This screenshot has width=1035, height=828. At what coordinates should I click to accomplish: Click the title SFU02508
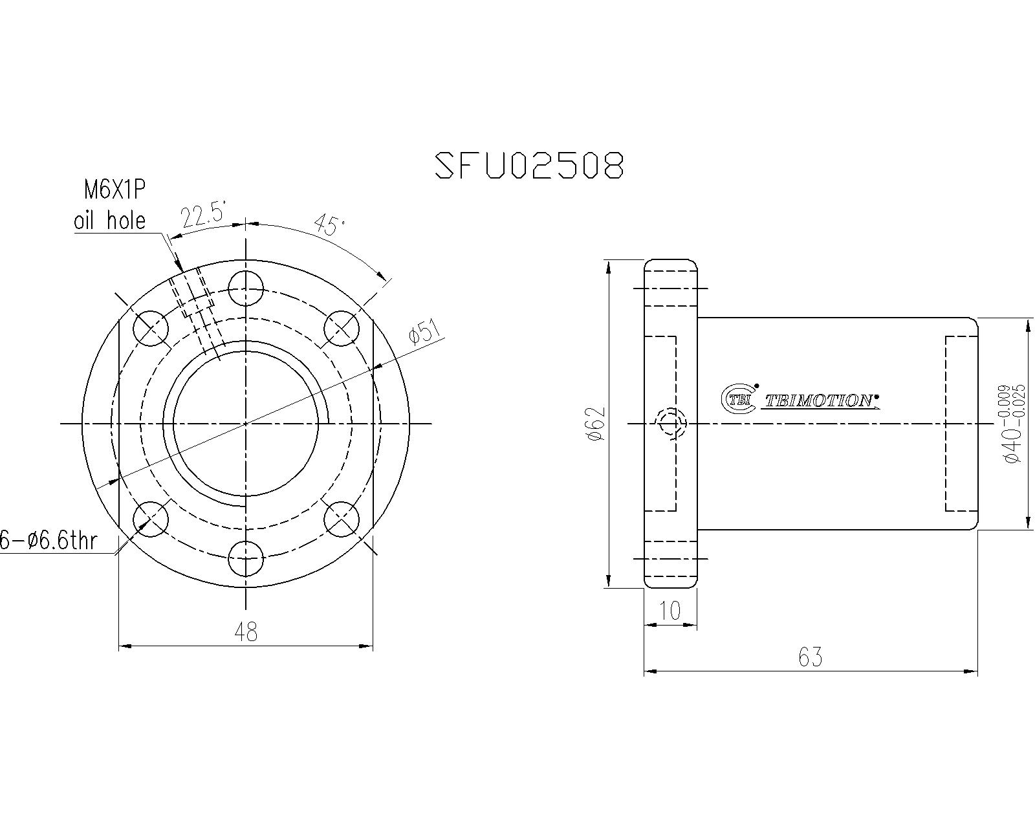pyautogui.click(x=528, y=166)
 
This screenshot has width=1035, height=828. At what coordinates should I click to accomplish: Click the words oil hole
pyautogui.click(x=109, y=221)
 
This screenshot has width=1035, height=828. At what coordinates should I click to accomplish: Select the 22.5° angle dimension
pyautogui.click(x=203, y=215)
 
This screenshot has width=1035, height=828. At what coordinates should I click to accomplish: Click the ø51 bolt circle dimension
pyautogui.click(x=424, y=333)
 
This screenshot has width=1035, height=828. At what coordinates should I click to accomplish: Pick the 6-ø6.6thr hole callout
pyautogui.click(x=49, y=540)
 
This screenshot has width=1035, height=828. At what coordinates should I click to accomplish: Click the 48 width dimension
pyautogui.click(x=246, y=631)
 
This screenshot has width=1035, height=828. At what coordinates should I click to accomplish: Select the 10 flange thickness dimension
pyautogui.click(x=670, y=611)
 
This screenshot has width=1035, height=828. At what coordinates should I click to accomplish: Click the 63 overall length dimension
pyautogui.click(x=810, y=657)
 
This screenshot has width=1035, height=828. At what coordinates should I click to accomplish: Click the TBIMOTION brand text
pyautogui.click(x=819, y=401)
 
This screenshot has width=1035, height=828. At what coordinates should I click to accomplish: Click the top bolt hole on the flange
pyautogui.click(x=246, y=288)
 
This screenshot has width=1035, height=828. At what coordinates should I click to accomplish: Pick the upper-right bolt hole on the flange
pyautogui.click(x=342, y=329)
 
